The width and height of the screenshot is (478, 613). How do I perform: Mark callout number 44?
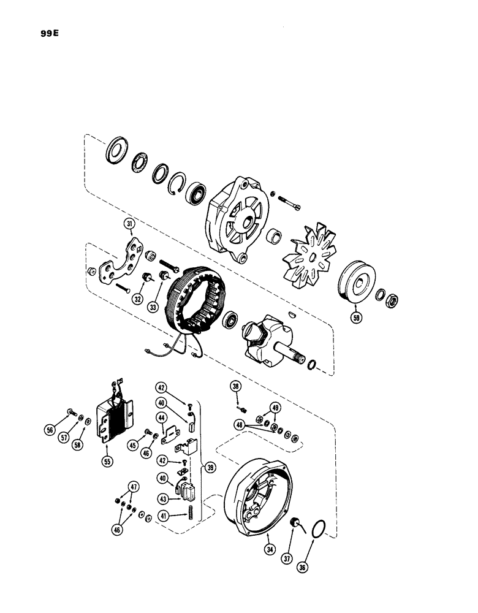pyautogui.click(x=162, y=418)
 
